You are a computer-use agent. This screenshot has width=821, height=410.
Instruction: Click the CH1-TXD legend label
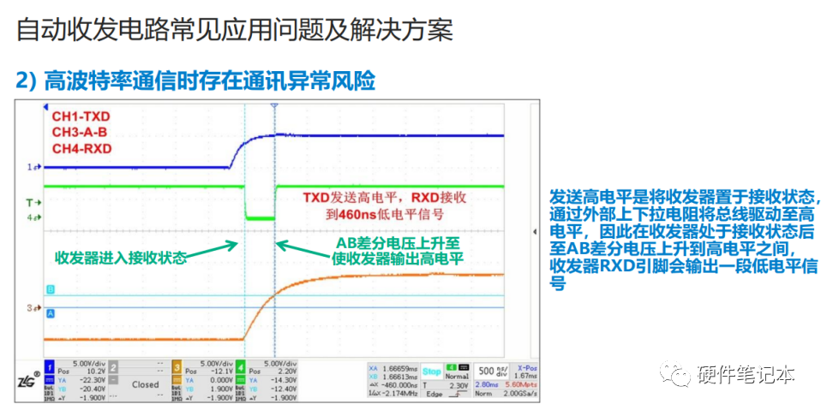pos(81,117)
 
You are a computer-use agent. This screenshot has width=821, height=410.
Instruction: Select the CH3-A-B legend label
pos(81,133)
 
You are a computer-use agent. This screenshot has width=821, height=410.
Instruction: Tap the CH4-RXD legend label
pos(81,149)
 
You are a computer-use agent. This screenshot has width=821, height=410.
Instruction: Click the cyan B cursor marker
pos(50,290)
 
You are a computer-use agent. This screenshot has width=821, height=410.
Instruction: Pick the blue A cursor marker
pos(50,314)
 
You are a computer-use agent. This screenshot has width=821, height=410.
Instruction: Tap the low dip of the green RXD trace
pos(258,218)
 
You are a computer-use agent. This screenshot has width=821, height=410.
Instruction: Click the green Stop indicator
pos(431,371)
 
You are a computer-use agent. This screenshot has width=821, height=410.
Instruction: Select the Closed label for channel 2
pos(145,384)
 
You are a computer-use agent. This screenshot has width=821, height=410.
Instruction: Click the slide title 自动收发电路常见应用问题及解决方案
pos(234,31)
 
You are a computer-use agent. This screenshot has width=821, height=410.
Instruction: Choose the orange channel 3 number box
pos(176,365)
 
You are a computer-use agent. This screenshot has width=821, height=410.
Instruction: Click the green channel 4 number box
pos(242,365)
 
